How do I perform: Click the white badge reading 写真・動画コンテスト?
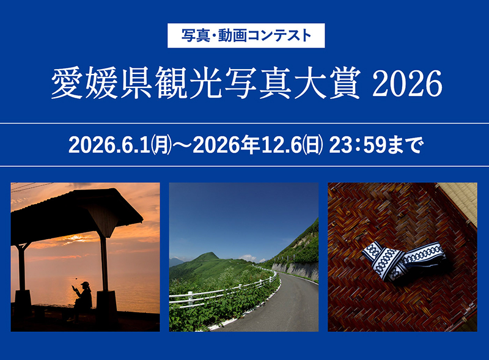[246, 35]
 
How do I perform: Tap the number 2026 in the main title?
[407, 83]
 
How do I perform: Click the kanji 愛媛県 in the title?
[101, 83]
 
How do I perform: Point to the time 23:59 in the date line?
[358, 145]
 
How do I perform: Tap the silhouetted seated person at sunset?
[82, 300]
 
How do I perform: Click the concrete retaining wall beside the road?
[295, 269]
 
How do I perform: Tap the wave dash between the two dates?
[182, 146]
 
